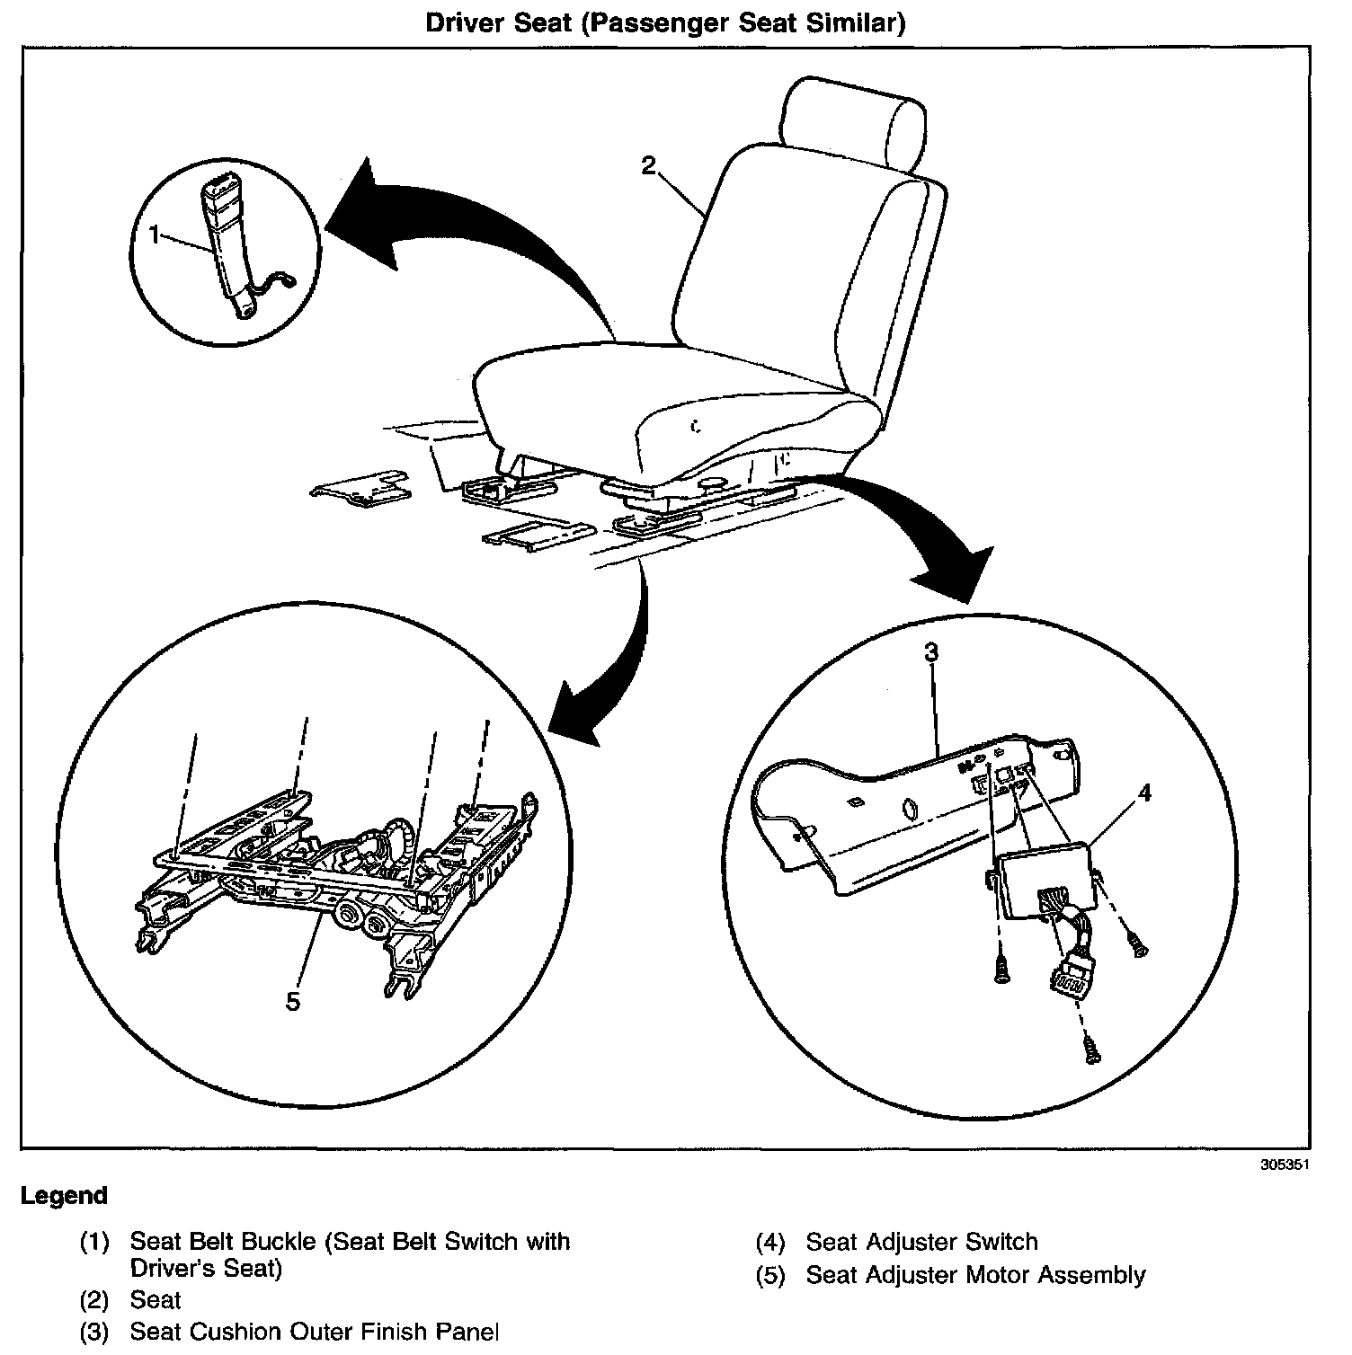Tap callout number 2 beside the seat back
648,165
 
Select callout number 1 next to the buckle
155,235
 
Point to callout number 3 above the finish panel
931,651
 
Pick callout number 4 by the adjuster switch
1144,793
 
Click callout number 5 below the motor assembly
292,1000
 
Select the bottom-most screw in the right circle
1091,1049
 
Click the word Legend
64,1196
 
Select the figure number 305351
1284,1163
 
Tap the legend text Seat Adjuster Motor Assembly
975,1275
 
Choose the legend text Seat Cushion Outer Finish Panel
315,1332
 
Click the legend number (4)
770,1243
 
